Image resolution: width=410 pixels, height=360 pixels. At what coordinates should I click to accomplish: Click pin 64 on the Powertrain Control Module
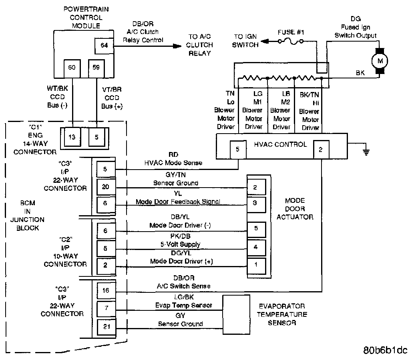tap(105, 46)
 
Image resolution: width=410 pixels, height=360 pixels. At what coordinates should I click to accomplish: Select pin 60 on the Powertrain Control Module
tap(72, 68)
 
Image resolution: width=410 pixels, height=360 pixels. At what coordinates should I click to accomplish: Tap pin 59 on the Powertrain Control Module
tap(96, 68)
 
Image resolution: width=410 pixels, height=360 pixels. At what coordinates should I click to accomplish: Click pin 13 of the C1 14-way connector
tap(72, 137)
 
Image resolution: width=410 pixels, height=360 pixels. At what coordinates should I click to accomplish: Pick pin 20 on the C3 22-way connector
tap(106, 187)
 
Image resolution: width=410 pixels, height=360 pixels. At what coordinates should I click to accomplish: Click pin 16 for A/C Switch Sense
tap(106, 290)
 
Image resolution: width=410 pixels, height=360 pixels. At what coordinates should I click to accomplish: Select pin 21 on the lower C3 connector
tap(107, 327)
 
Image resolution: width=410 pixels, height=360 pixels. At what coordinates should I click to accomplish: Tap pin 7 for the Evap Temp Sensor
tap(106, 308)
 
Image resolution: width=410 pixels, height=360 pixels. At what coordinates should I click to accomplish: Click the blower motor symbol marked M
tap(380, 61)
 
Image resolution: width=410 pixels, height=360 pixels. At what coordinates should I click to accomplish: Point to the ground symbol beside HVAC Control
tap(366, 151)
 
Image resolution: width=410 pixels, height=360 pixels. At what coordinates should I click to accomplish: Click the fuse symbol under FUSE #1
tap(291, 41)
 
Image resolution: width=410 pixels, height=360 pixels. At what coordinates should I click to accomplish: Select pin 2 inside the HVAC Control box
tap(321, 150)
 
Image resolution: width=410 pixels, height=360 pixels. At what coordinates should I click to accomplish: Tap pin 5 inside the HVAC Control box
tap(238, 150)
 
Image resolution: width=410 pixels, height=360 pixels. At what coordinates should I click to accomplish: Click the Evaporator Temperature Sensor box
tap(236, 314)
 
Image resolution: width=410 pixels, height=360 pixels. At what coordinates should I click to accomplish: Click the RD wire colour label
tap(173, 155)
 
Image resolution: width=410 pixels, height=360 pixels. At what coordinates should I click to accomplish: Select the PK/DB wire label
tap(181, 236)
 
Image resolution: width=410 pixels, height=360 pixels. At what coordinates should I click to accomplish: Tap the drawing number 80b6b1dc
tap(385, 350)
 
